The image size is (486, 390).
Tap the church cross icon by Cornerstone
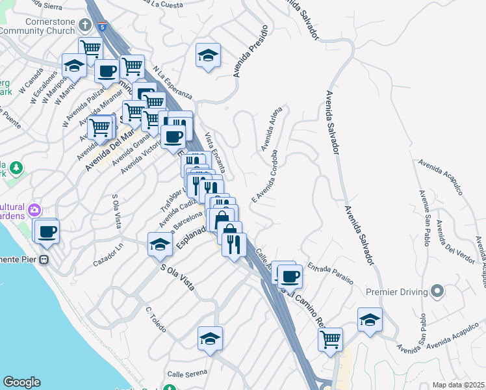point(84,25)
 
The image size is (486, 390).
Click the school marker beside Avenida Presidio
point(208,56)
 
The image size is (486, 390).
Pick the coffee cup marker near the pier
point(47,232)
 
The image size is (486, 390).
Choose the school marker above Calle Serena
point(210,339)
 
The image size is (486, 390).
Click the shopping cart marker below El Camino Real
point(330,339)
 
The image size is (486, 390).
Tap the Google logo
point(21,382)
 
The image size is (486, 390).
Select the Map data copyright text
point(458,385)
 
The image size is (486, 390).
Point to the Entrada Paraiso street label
point(330,274)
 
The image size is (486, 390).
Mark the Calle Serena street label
point(186,373)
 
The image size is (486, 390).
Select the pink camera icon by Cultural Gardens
point(33,210)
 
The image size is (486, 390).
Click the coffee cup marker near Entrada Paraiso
point(290,277)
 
